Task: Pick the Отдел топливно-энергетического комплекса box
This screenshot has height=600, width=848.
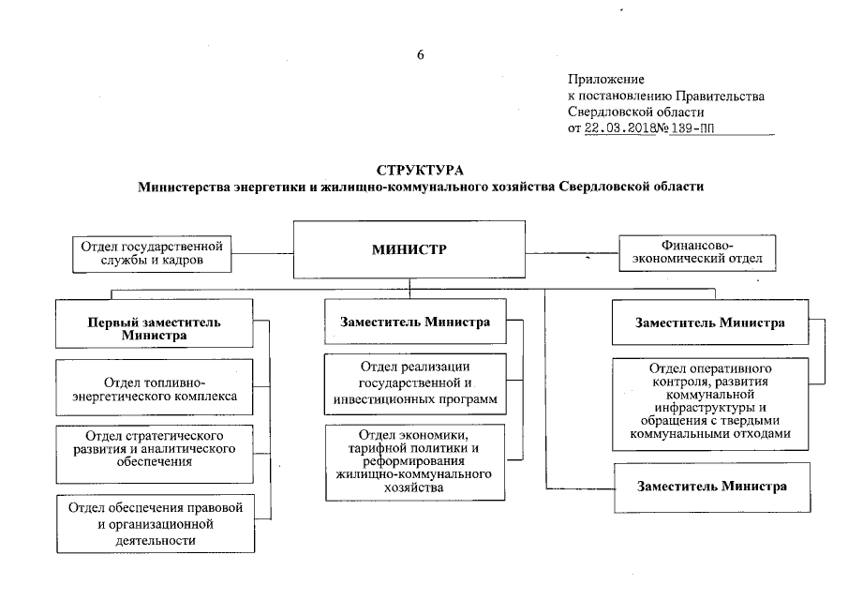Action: (x=156, y=389)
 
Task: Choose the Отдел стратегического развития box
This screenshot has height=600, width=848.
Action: (x=155, y=449)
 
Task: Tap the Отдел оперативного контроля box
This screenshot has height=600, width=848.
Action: (x=710, y=400)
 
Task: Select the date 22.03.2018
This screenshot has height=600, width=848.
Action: (x=617, y=129)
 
